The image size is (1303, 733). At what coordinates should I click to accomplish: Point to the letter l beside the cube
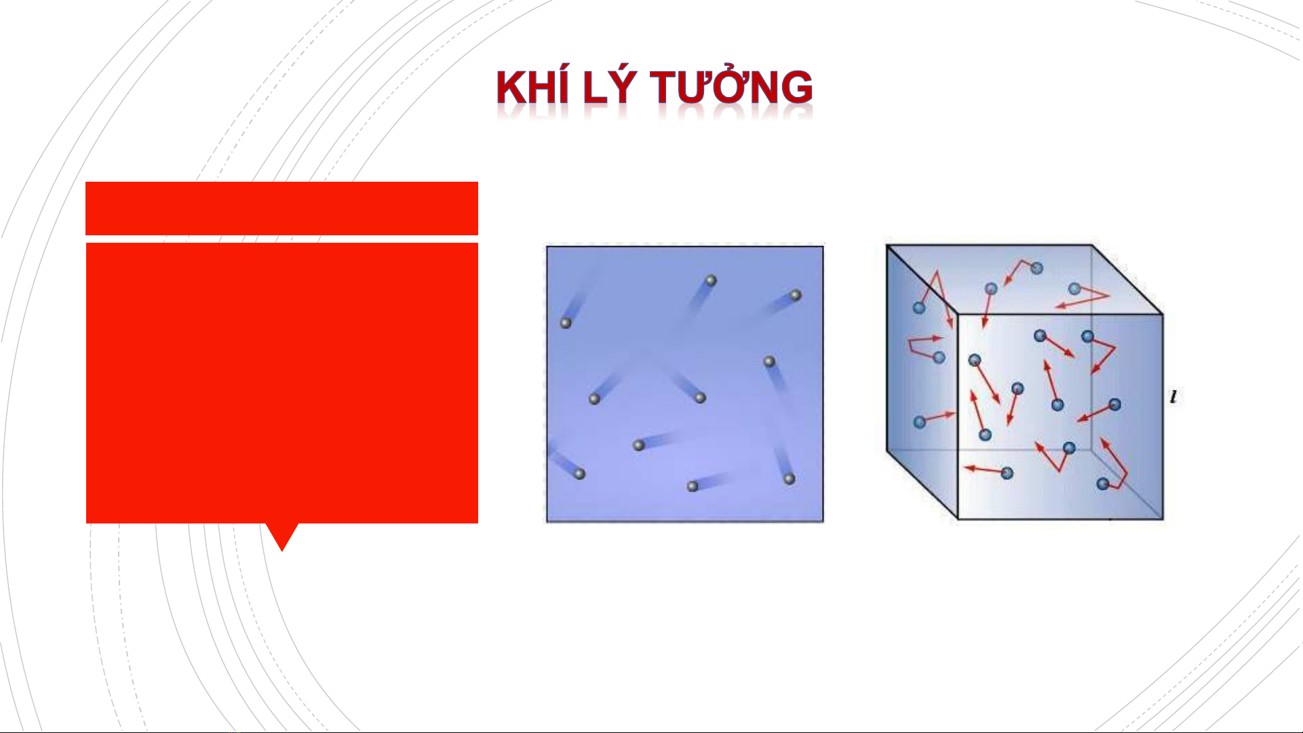click(1173, 397)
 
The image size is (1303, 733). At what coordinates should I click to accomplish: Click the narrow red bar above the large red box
click(281, 208)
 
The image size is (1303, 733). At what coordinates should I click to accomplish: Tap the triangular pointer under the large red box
click(282, 536)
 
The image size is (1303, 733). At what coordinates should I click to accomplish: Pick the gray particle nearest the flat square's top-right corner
click(796, 296)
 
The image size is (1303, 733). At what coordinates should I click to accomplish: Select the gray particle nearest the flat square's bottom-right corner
click(789, 479)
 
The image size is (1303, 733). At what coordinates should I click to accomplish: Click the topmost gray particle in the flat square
click(711, 280)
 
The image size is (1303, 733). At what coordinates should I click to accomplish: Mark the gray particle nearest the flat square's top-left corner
click(566, 323)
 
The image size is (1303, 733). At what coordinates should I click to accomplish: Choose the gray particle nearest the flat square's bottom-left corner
click(579, 474)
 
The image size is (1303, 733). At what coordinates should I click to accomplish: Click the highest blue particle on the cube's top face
click(1036, 269)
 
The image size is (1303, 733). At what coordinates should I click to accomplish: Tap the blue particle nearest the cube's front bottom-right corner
click(1103, 483)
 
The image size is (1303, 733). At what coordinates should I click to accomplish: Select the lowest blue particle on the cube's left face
click(920, 422)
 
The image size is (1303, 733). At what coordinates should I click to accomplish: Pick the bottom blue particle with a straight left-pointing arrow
click(1007, 473)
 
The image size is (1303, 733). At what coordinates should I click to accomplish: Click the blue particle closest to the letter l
click(1114, 405)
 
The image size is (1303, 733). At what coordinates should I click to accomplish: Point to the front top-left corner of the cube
click(957, 314)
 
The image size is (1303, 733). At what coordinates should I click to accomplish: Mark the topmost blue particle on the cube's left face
click(919, 307)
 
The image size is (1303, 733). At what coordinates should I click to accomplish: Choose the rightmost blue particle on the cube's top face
click(1074, 289)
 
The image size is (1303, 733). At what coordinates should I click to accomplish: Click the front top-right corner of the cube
click(1163, 314)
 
